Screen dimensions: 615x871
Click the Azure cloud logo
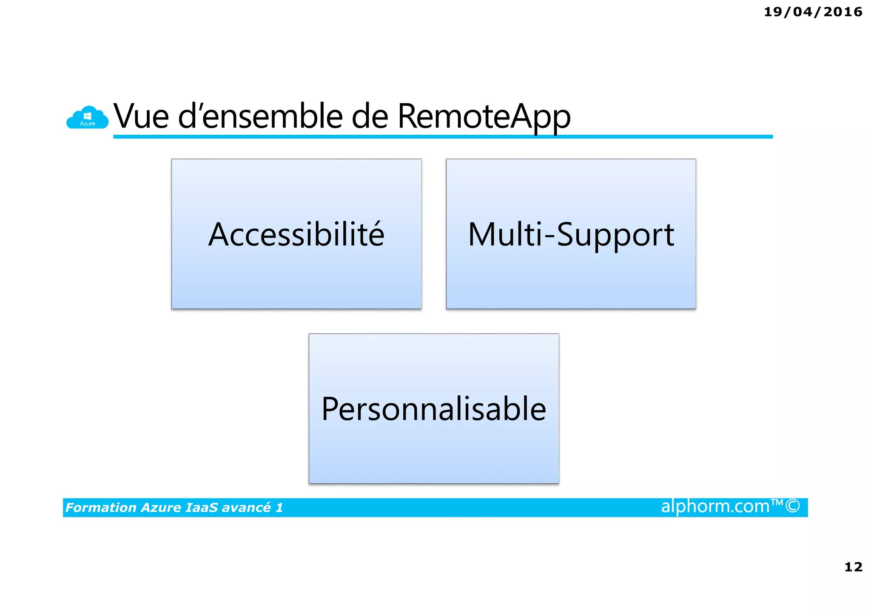pyautogui.click(x=87, y=117)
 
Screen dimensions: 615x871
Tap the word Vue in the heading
pyautogui.click(x=141, y=116)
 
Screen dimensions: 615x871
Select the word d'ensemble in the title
pyautogui.click(x=260, y=116)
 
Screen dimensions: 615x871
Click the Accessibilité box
pyautogui.click(x=296, y=234)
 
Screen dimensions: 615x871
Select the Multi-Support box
pyautogui.click(x=571, y=234)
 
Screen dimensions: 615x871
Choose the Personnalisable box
pyautogui.click(x=433, y=408)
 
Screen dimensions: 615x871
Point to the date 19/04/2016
pyautogui.click(x=813, y=12)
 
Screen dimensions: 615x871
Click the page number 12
pyautogui.click(x=853, y=567)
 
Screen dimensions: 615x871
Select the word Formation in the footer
pyautogui.click(x=101, y=507)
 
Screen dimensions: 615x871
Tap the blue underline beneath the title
pyautogui.click(x=442, y=137)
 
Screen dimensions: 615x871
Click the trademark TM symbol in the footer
pyautogui.click(x=777, y=503)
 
